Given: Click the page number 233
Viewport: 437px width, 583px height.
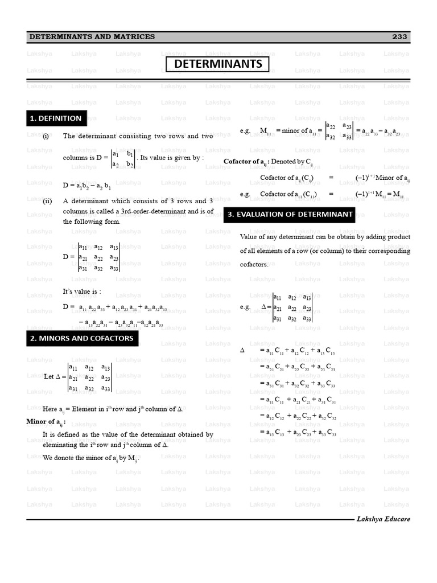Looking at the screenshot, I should pyautogui.click(x=399, y=36).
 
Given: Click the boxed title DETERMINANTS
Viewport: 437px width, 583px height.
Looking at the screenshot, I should pyautogui.click(x=218, y=64).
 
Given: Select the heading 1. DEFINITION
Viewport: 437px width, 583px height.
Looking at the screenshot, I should pyautogui.click(x=56, y=118).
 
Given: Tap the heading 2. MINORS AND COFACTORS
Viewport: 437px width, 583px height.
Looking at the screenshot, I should pyautogui.click(x=82, y=338).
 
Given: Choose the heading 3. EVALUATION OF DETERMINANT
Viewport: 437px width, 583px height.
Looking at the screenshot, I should pyautogui.click(x=290, y=215).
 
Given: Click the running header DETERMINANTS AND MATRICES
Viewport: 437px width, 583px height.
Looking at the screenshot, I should pyautogui.click(x=92, y=36).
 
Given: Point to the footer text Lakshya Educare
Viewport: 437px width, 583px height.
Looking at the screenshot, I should pyautogui.click(x=383, y=519).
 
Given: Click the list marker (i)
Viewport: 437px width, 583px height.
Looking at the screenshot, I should pyautogui.click(x=46, y=136).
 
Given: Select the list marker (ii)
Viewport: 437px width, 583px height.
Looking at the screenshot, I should pyautogui.click(x=47, y=201).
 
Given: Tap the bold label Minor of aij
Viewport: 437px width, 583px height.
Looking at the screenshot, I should pyautogui.click(x=46, y=422).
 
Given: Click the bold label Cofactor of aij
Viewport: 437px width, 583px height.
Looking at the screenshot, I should pyautogui.click(x=245, y=162).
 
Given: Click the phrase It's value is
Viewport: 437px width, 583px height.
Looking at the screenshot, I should pyautogui.click(x=82, y=291).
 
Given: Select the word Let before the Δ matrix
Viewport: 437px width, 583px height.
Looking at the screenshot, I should pyautogui.click(x=49, y=376).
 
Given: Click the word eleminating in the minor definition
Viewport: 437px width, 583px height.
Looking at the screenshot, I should pyautogui.click(x=63, y=445).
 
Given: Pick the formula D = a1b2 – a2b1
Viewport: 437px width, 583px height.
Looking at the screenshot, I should pyautogui.click(x=87, y=186).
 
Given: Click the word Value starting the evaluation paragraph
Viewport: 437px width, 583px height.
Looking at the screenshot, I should pyautogui.click(x=250, y=236).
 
